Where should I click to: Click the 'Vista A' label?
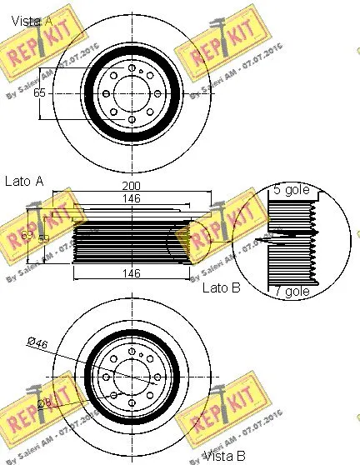tap(28, 18)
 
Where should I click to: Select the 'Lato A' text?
tap(23, 179)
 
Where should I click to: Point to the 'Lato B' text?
tap(221, 288)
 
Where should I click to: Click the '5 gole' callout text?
tap(291, 191)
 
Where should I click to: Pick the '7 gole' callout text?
tap(291, 291)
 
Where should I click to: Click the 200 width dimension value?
tap(132, 185)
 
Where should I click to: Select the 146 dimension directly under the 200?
tap(132, 199)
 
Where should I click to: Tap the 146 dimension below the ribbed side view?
tap(132, 273)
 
